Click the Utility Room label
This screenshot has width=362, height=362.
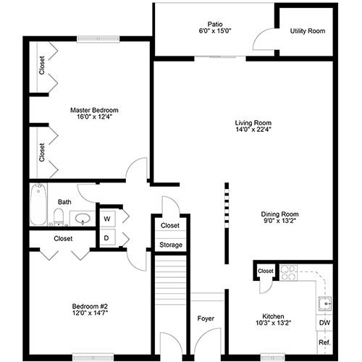pos(308,31)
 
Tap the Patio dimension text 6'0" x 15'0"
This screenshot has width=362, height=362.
pos(215,31)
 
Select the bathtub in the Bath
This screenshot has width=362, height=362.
pos(38,204)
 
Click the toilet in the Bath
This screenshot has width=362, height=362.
pos(58,216)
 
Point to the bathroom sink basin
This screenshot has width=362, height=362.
pos(83,219)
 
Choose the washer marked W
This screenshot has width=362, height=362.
pos(107,219)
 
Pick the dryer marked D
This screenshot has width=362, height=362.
pos(107,237)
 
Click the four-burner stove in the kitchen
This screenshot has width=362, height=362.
pos(288,273)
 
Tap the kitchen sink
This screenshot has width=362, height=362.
pos(324,303)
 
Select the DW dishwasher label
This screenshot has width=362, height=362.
pos(324,323)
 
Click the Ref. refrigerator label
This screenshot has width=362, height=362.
pos(324,342)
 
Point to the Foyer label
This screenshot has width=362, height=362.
pos(206,319)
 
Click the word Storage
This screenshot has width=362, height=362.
pos(171,245)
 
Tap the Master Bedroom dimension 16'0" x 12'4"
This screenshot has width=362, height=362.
pos(94,117)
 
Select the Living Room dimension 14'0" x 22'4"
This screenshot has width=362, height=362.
pos(253,130)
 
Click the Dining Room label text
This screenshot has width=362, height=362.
pos(279,214)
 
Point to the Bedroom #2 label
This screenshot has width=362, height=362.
pos(90,306)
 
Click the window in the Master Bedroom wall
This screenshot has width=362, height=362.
pos(98,39)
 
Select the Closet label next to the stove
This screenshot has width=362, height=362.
pos(266,271)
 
